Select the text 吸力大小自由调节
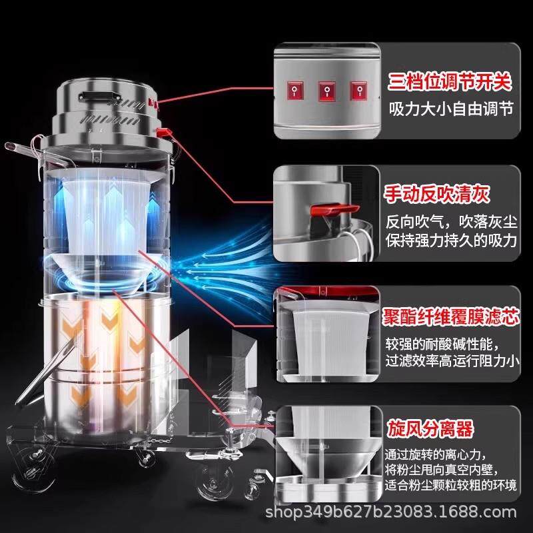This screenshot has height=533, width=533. coord(451,109)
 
